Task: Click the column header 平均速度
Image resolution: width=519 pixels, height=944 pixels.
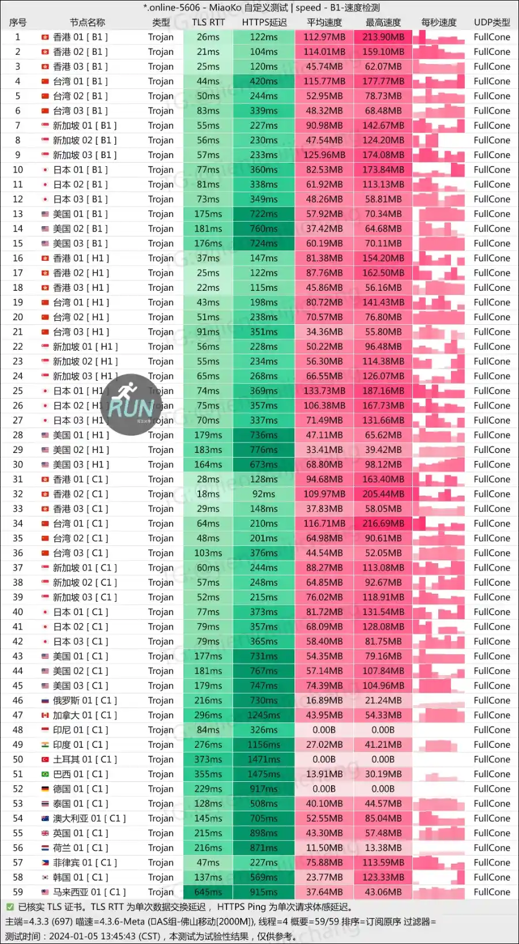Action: point(324,23)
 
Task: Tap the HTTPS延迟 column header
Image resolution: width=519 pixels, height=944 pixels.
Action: point(264,23)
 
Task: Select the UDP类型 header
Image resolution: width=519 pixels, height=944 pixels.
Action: point(491,23)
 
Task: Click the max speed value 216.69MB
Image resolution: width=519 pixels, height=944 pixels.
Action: point(383,523)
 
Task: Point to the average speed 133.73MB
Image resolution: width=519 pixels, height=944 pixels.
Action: point(324,391)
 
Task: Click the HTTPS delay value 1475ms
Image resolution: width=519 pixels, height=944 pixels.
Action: point(264,774)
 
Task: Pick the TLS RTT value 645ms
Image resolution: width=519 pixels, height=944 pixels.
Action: point(208,892)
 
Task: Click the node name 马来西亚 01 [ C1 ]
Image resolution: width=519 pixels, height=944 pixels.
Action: point(89,892)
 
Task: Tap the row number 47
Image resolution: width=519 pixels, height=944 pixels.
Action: point(18,715)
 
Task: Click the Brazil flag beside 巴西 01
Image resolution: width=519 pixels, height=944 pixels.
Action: point(45,774)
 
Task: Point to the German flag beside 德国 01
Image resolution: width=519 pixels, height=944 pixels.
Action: point(45,789)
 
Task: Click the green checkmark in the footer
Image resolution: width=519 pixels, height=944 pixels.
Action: point(10,907)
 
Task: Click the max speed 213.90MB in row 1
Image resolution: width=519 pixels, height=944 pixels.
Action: point(383,37)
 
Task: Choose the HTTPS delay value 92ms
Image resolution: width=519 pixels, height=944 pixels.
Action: point(264,494)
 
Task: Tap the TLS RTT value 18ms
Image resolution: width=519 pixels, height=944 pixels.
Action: point(208,494)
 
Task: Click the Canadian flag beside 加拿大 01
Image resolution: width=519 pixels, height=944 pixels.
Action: point(45,715)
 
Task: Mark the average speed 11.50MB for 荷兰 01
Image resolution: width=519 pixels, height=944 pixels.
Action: point(324,848)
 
